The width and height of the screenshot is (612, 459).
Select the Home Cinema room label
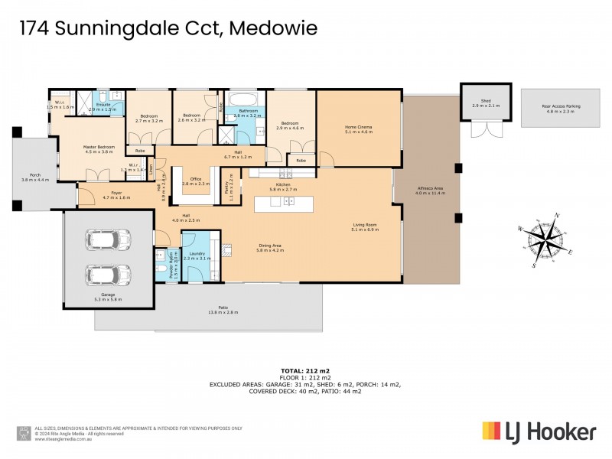pyautogui.click(x=358, y=129)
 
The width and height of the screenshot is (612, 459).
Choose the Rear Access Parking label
pyautogui.click(x=558, y=109)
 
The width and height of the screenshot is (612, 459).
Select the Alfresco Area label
pyautogui.click(x=428, y=190)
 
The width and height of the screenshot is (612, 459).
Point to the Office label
pyautogui.click(x=196, y=181)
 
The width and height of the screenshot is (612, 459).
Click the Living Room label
pyautogui.click(x=365, y=226)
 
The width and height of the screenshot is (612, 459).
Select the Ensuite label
pyautogui.click(x=104, y=105)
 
